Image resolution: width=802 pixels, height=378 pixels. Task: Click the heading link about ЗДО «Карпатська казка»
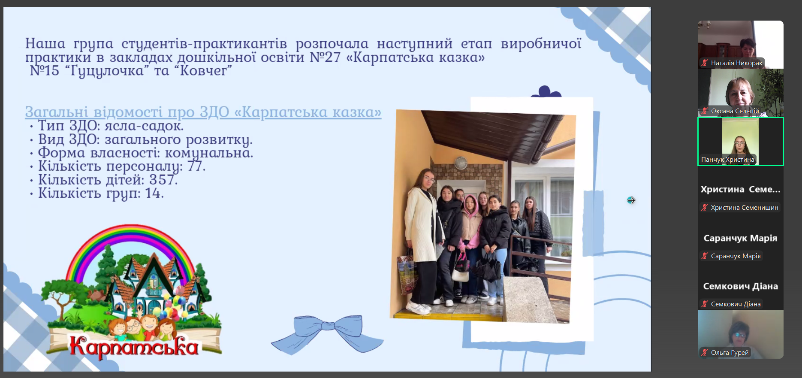click(203, 112)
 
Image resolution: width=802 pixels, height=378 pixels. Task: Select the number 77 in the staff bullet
click(196, 166)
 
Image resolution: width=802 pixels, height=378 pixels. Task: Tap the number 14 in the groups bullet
click(154, 193)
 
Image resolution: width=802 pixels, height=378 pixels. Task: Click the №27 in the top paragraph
click(325, 57)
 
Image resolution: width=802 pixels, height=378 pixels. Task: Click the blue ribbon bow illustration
click(328, 333)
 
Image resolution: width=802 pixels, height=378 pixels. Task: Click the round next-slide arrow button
click(631, 200)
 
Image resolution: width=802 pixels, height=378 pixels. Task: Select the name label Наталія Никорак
click(736, 63)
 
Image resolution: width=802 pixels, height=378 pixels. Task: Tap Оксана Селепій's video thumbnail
click(741, 93)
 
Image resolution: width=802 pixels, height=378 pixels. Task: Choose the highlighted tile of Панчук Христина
click(741, 141)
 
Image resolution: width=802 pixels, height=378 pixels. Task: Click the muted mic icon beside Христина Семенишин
click(705, 208)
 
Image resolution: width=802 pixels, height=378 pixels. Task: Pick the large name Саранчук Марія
click(741, 238)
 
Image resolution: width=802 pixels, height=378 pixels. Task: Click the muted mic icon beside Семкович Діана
click(705, 304)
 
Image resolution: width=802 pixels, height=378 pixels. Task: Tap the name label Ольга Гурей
click(730, 353)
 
